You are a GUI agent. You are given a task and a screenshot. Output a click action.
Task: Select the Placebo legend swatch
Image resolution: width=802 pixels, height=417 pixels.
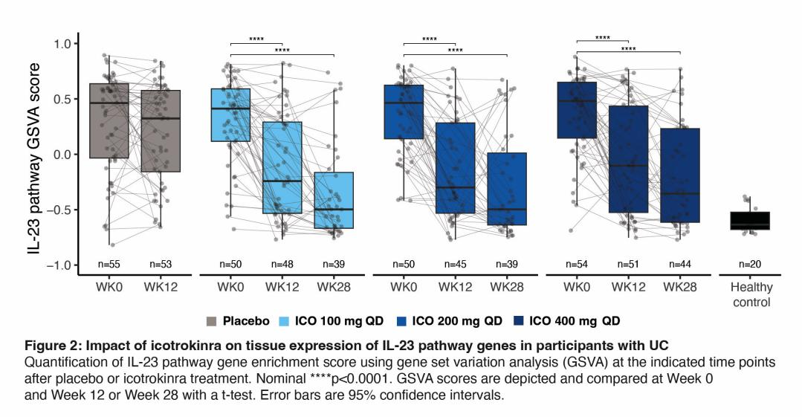point(211,322)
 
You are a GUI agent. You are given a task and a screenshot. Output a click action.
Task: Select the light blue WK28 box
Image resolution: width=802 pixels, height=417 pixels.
point(334,200)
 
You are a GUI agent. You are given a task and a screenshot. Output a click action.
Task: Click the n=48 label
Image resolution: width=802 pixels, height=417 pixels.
point(282,264)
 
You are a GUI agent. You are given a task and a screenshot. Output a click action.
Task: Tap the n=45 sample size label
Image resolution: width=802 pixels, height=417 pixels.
point(456,264)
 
